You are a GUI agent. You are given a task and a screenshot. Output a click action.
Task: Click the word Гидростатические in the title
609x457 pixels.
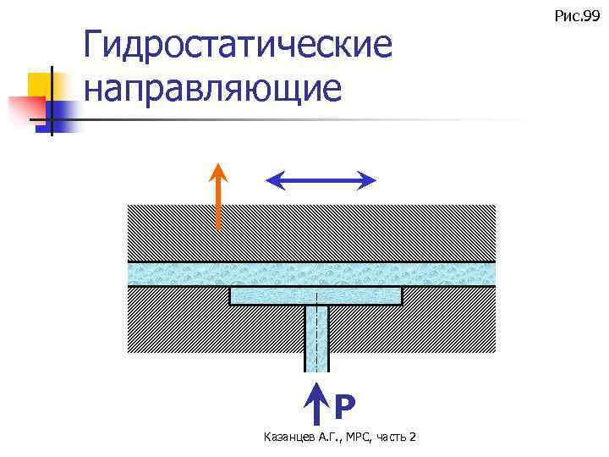[x=239, y=46]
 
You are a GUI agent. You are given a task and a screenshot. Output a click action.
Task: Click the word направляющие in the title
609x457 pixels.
[x=213, y=88]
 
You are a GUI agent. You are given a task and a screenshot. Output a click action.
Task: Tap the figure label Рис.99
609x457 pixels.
[x=576, y=14]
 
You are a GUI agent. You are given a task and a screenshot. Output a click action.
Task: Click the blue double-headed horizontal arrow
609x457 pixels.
[x=321, y=179]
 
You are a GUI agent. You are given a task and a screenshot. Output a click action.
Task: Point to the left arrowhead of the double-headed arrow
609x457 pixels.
[x=273, y=179]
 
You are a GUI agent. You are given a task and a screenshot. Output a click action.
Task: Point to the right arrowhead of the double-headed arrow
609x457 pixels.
[x=369, y=179]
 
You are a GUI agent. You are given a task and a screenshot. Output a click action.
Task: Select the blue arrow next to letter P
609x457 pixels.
[x=316, y=404]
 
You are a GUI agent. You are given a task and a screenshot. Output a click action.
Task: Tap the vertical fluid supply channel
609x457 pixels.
[x=316, y=339]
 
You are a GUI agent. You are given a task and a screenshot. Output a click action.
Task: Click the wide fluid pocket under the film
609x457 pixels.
[x=315, y=296]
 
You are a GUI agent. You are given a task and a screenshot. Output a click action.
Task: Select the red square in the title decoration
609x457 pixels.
[x=25, y=111]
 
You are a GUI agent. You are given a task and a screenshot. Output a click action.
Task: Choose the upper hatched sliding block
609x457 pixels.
[x=311, y=233]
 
